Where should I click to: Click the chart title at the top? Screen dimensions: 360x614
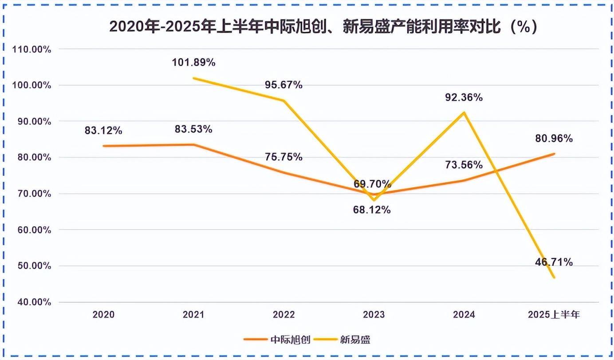pos(323,27)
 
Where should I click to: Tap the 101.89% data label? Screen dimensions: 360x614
pos(193,63)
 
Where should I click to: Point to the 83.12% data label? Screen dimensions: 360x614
pos(103,130)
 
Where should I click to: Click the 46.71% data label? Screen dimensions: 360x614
pos(554,262)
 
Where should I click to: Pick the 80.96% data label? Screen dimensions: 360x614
pos(553,138)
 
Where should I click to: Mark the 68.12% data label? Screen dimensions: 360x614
pos(372,210)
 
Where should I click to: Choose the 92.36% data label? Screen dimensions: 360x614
pos(464,98)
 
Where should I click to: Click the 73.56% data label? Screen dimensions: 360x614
pos(464,165)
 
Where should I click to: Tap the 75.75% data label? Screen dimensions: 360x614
pos(284,157)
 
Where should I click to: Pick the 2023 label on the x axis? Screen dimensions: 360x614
pos(374,315)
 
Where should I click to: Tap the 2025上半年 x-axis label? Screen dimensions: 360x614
pos(554,315)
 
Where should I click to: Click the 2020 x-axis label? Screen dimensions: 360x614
pos(103,315)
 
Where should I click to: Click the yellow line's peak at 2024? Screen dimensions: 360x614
pos(464,112)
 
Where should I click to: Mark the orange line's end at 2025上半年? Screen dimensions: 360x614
pos(554,154)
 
